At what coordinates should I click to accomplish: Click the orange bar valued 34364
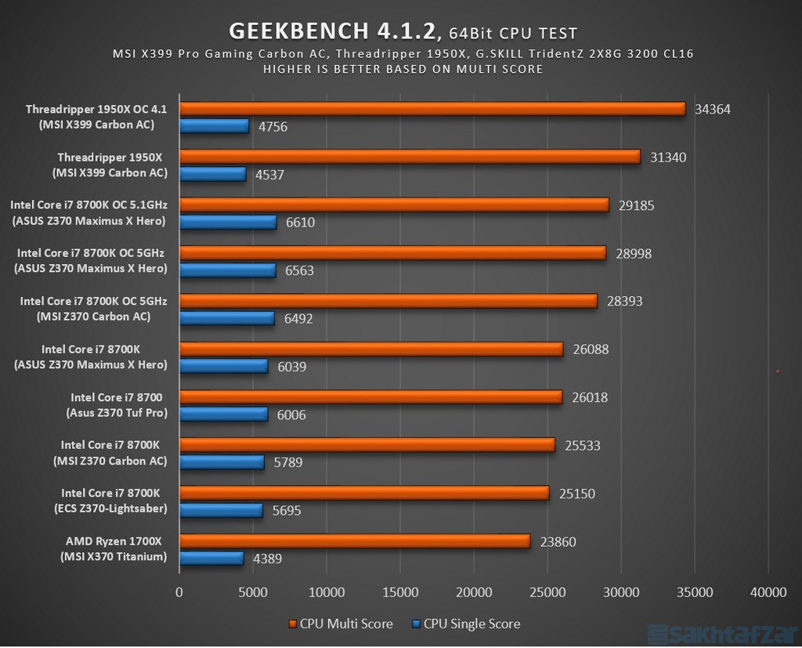[432, 109]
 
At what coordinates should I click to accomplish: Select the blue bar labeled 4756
[214, 126]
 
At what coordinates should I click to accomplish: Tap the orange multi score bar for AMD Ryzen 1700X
[355, 541]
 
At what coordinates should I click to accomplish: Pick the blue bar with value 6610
[228, 223]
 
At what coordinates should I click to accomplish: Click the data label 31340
[668, 157]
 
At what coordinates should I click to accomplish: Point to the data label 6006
[291, 415]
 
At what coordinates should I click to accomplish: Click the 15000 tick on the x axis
[399, 593]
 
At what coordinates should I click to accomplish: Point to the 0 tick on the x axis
[179, 593]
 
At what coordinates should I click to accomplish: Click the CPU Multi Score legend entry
[340, 624]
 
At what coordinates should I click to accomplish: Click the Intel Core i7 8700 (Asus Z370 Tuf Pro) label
[116, 405]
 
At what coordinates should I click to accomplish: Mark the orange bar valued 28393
[388, 301]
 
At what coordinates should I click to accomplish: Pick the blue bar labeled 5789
[222, 462]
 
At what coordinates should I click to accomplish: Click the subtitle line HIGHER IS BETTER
[403, 69]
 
